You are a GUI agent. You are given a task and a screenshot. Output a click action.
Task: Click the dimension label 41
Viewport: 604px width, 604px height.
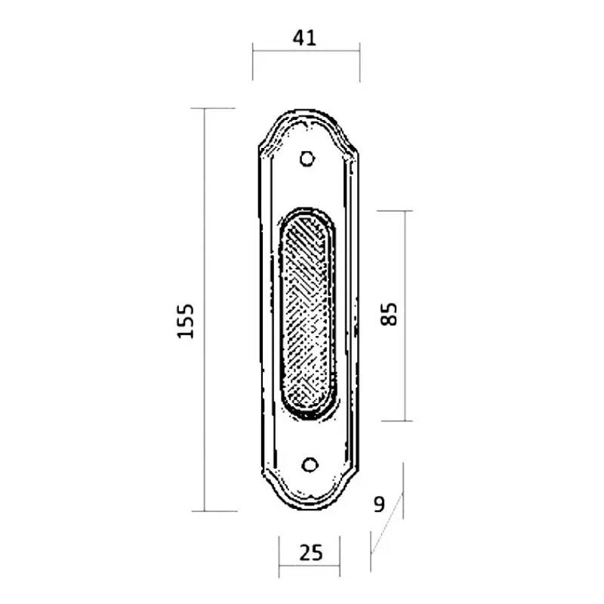tap(304, 38)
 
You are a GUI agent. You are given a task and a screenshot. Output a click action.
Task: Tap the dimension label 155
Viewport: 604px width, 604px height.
tap(185, 322)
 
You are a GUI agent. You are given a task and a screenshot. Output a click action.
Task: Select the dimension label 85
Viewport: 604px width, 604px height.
tap(388, 314)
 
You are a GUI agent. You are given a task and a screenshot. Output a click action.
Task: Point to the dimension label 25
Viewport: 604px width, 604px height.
tap(310, 553)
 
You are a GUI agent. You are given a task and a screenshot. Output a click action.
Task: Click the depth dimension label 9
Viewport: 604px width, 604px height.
tap(380, 504)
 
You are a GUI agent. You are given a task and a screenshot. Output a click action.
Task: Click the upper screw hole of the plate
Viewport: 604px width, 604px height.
tap(307, 159)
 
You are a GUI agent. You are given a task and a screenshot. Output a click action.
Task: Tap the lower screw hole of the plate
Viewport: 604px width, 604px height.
tap(310, 465)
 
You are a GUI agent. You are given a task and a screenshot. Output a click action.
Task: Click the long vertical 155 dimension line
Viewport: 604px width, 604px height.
tap(205, 310)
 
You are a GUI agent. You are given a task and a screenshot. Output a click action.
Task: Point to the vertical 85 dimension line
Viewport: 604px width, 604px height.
tap(405, 316)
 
